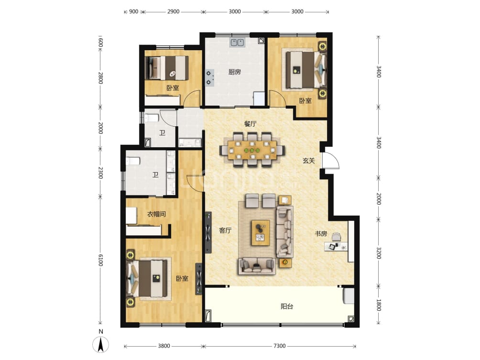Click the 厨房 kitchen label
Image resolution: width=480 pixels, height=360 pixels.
(234, 72)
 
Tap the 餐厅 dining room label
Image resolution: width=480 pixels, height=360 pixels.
(251, 123)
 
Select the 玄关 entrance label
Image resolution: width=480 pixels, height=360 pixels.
(308, 161)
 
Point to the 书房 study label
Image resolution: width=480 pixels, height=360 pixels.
(320, 234)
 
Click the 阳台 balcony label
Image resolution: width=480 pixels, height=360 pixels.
(287, 306)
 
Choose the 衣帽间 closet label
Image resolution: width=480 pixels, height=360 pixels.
(156, 214)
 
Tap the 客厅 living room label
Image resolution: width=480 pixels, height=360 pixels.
(225, 230)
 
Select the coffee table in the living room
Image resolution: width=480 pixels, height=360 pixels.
(261, 232)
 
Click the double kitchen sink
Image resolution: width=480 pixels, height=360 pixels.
(237, 43)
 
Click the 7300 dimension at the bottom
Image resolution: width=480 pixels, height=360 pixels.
(280, 346)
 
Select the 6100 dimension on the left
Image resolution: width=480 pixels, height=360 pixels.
(100, 261)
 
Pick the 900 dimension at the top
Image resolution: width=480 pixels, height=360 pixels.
(133, 11)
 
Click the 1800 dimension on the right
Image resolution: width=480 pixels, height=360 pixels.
(379, 305)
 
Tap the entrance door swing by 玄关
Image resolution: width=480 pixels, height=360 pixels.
(331, 161)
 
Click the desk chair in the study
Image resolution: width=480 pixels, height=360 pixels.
(337, 237)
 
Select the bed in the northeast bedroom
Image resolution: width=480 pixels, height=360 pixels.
(303, 70)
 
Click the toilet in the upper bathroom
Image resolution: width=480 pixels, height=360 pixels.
(152, 118)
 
